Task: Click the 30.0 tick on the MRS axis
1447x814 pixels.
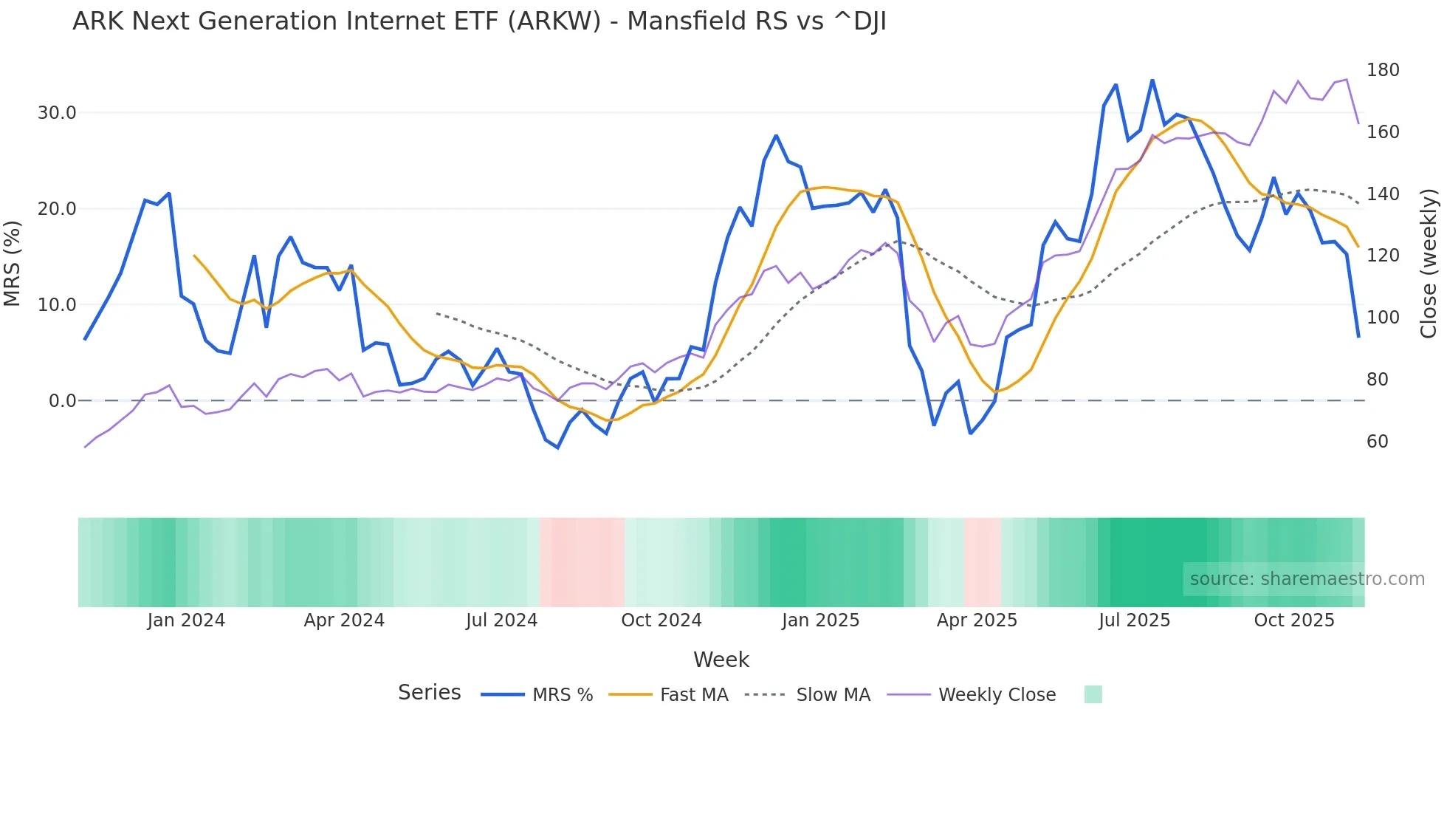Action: coord(57,113)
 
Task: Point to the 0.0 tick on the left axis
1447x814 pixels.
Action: coord(62,401)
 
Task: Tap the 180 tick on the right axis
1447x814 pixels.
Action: coord(1382,70)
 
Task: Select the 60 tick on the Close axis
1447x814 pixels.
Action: coord(1377,442)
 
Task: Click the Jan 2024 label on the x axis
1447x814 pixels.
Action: coord(186,620)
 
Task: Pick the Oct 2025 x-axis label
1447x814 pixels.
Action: coord(1293,620)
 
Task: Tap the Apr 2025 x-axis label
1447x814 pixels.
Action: coord(977,620)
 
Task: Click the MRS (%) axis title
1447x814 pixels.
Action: coord(12,263)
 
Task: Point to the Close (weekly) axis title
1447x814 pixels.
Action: coord(1429,263)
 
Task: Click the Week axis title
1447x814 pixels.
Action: coord(721,660)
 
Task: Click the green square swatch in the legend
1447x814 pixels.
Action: coord(1093,694)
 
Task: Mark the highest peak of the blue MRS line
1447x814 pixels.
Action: coord(1152,80)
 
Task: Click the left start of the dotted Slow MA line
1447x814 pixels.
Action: coord(437,313)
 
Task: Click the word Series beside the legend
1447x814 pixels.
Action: coord(429,693)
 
